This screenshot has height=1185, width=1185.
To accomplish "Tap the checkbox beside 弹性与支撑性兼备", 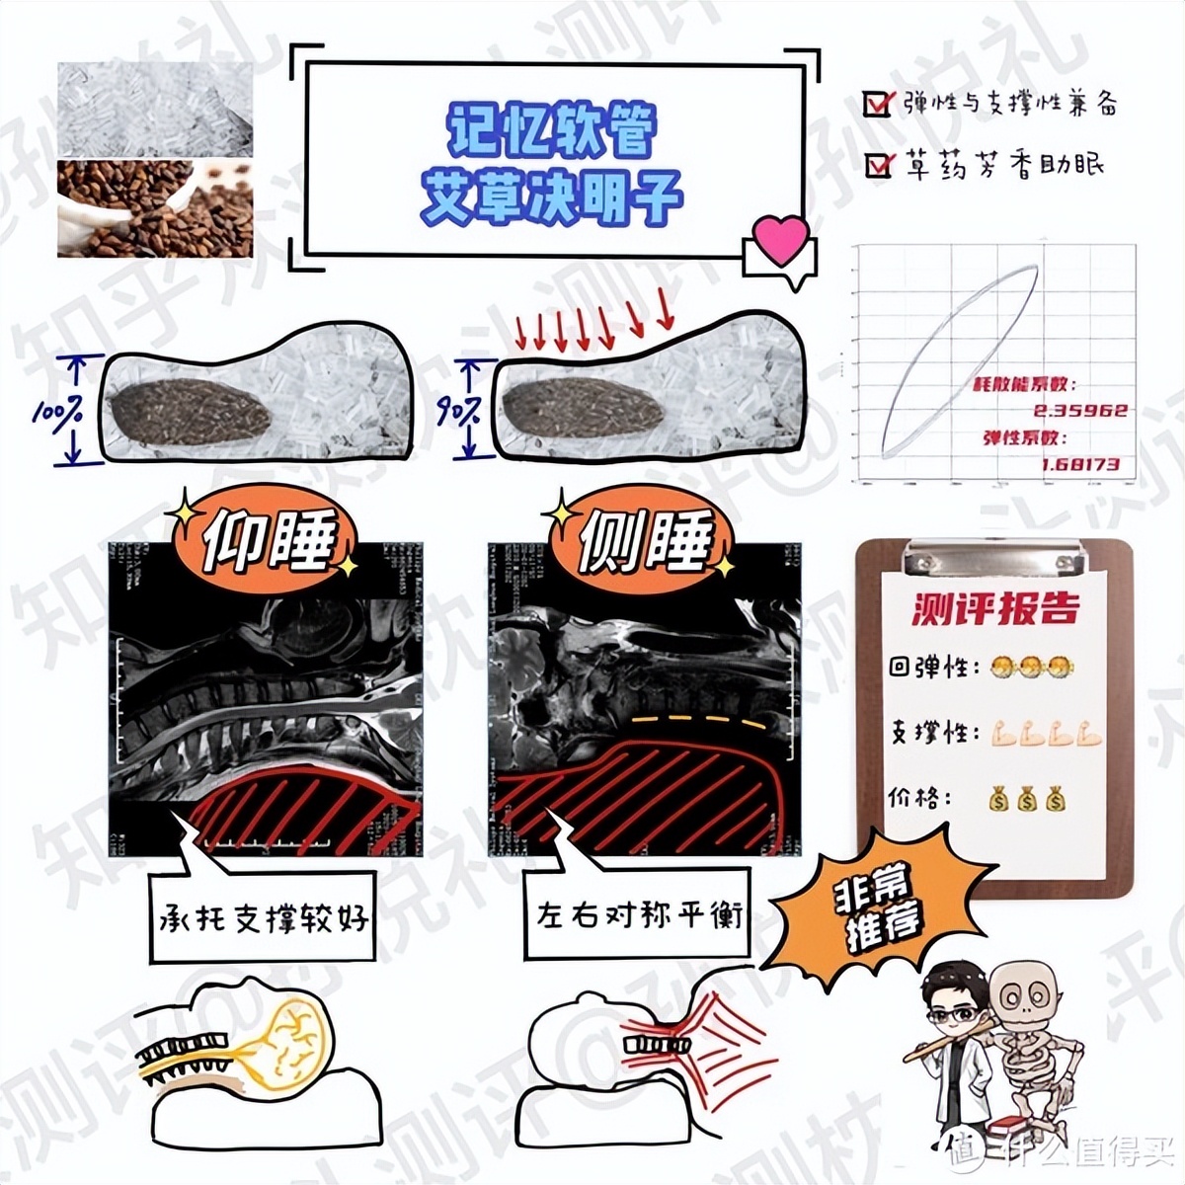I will [876, 103].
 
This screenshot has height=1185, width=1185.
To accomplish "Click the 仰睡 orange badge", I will [266, 540].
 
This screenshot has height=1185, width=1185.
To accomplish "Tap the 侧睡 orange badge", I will [645, 541].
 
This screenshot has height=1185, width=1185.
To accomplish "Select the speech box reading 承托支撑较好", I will [263, 918].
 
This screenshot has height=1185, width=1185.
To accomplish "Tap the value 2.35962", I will [1080, 410].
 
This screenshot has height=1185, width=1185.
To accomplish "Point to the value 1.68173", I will [1080, 462].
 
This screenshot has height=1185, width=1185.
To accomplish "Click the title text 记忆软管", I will [552, 129].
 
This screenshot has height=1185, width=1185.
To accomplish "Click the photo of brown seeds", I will [155, 208].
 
